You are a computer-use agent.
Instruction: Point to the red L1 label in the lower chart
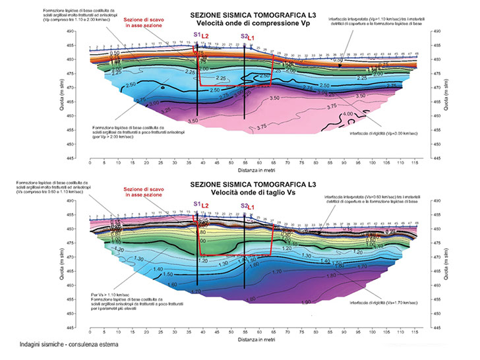(251, 207)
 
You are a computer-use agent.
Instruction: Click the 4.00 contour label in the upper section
(348, 115)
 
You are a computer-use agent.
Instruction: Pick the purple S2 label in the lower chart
(244, 206)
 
